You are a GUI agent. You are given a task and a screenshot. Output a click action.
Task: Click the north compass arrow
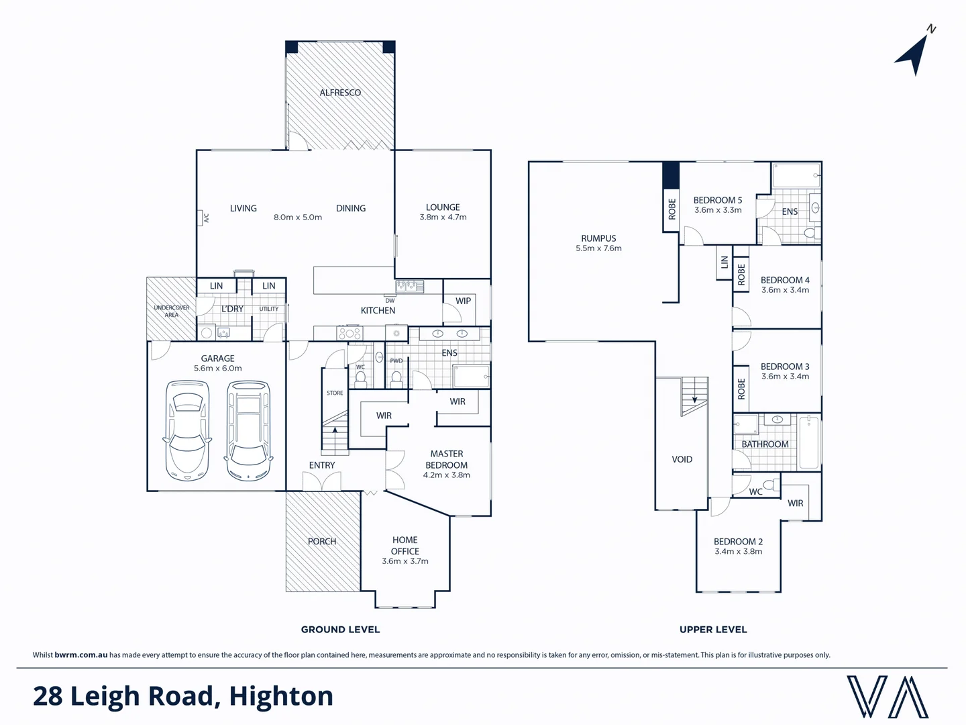(x=914, y=54)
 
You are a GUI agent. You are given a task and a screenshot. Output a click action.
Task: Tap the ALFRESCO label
(x=340, y=93)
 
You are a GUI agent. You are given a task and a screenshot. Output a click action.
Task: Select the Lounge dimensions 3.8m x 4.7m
(x=443, y=217)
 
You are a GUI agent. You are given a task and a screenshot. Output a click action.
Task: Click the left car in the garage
(x=187, y=430)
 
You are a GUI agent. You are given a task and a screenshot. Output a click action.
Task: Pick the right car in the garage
(x=249, y=430)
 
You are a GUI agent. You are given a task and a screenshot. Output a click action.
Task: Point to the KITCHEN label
(x=378, y=311)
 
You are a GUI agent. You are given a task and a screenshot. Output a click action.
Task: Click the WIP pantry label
(x=463, y=301)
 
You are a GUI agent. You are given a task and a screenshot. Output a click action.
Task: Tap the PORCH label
(x=322, y=541)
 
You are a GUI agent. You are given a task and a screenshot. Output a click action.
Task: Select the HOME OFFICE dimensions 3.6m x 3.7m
(x=405, y=561)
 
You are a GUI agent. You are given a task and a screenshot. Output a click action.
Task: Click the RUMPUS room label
(x=598, y=238)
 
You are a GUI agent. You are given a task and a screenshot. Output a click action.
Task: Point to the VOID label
(x=682, y=459)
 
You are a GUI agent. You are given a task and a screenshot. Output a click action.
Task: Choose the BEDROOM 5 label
(x=717, y=200)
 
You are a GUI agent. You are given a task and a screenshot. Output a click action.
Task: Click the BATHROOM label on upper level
(x=765, y=444)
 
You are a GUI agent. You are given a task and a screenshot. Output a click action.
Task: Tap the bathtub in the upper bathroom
(x=809, y=442)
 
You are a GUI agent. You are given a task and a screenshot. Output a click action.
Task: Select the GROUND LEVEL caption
(x=340, y=630)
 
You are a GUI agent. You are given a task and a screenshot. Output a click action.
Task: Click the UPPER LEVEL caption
(x=713, y=630)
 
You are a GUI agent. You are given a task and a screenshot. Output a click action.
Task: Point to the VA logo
(x=887, y=697)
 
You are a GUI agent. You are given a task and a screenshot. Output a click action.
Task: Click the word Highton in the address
(x=281, y=697)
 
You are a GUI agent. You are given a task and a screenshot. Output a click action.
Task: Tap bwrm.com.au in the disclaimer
(x=80, y=655)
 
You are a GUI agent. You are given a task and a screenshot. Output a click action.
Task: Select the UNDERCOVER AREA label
(x=172, y=311)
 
